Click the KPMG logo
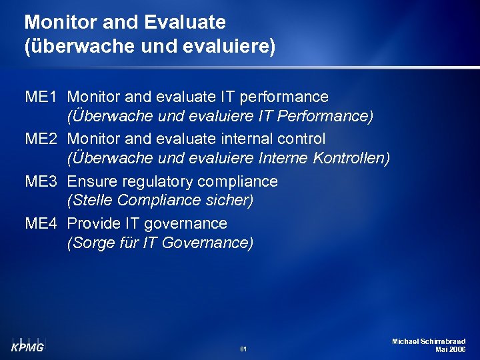coord(27,345)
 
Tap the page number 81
coord(243,349)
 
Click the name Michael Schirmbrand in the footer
coord(428,341)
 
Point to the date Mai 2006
coord(450,349)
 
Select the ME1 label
coord(41,97)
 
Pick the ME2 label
coord(41,139)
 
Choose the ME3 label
coord(41,181)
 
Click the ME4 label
coord(41,223)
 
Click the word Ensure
coord(91,181)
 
